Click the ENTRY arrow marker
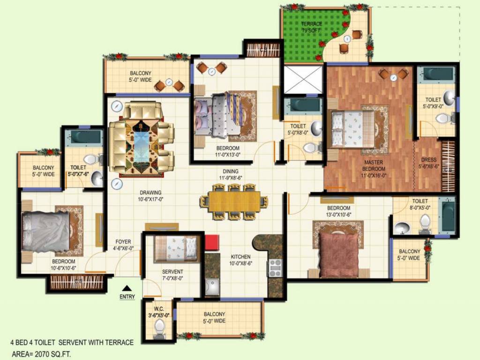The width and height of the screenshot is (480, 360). pos(127,288)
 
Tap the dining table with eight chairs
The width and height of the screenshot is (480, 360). pos(234,202)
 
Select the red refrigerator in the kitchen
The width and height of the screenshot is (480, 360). pos(212,242)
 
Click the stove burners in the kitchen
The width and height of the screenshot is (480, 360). pos(275,268)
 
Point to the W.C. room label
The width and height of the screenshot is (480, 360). pos(158,312)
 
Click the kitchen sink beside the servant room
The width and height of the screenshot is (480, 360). pos(212,287)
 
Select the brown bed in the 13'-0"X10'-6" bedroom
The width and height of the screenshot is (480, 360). pos(339,255)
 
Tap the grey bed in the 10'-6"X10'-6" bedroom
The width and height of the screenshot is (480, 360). pos(46,231)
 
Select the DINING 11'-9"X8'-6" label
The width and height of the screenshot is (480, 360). pos(231,175)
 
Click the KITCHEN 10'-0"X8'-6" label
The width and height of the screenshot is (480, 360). pos(240,260)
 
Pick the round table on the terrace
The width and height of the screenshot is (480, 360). pos(347,39)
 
